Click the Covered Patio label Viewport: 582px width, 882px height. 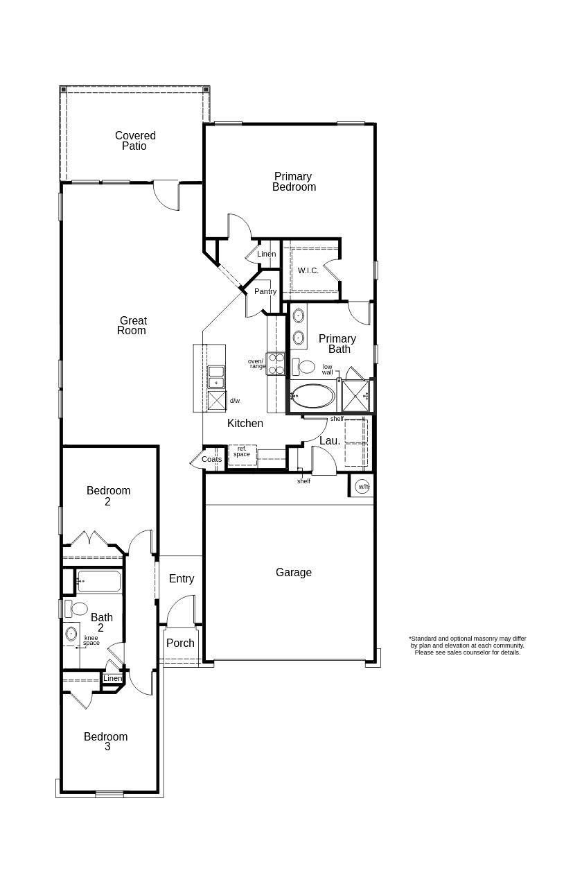pyautogui.click(x=135, y=141)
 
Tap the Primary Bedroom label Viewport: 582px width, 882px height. pyautogui.click(x=293, y=182)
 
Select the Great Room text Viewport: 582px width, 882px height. pyautogui.click(x=132, y=326)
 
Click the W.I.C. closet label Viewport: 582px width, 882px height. pyautogui.click(x=308, y=270)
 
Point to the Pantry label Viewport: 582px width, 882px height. pyautogui.click(x=265, y=292)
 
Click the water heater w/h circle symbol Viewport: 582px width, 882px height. pyautogui.click(x=362, y=487)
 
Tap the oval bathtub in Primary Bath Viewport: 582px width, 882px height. pyautogui.click(x=312, y=397)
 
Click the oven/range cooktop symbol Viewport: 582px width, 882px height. pyautogui.click(x=276, y=363)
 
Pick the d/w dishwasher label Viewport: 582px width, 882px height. pyautogui.click(x=235, y=401)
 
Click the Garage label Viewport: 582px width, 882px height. pyautogui.click(x=294, y=573)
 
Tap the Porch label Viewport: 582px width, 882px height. pyautogui.click(x=180, y=643)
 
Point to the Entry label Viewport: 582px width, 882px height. pyautogui.click(x=182, y=579)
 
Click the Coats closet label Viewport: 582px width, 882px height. pyautogui.click(x=212, y=460)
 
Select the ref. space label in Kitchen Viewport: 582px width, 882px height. pyautogui.click(x=242, y=452)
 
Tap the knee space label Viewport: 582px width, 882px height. pyautogui.click(x=91, y=641)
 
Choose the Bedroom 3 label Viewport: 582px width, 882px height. pyautogui.click(x=106, y=742)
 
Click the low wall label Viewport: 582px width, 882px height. pyautogui.click(x=327, y=370)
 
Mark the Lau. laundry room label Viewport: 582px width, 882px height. pyautogui.click(x=330, y=441)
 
